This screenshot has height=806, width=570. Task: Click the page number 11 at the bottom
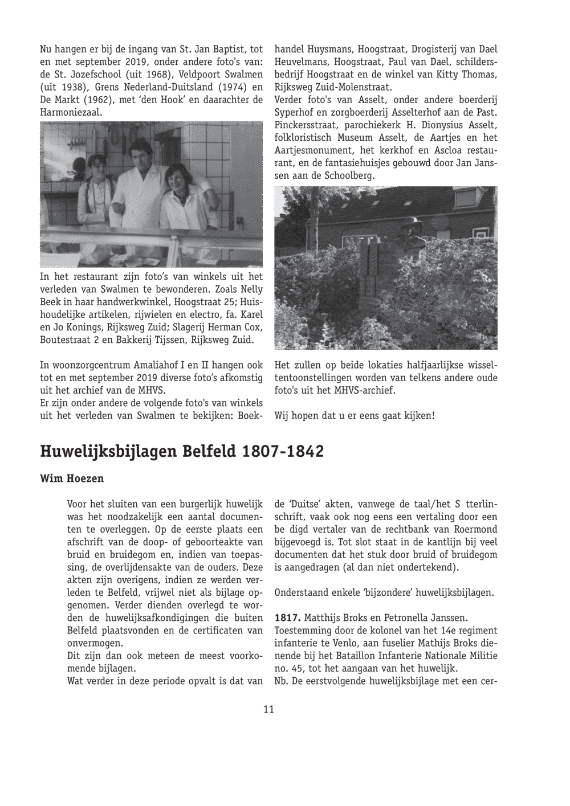269,709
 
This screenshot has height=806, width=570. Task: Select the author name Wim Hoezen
72,478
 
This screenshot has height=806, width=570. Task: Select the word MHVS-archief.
365,391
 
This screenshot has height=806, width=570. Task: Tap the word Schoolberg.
349,176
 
